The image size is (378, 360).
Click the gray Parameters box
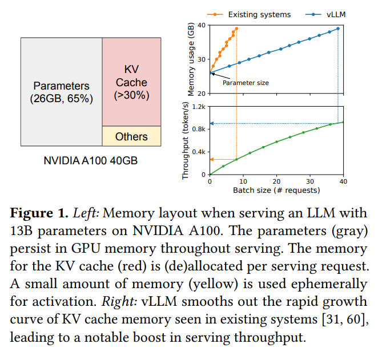[62, 91]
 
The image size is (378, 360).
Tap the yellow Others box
[132, 136]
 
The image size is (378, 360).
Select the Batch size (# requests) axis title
[276, 191]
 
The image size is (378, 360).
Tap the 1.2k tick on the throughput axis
[200, 107]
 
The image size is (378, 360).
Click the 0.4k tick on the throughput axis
[200, 152]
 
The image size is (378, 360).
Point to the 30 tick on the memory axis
[203, 59]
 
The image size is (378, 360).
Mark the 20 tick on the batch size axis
[276, 181]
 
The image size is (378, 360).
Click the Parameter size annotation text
[246, 83]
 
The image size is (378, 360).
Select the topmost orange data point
[236, 29]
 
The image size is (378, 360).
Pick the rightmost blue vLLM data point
[338, 29]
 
